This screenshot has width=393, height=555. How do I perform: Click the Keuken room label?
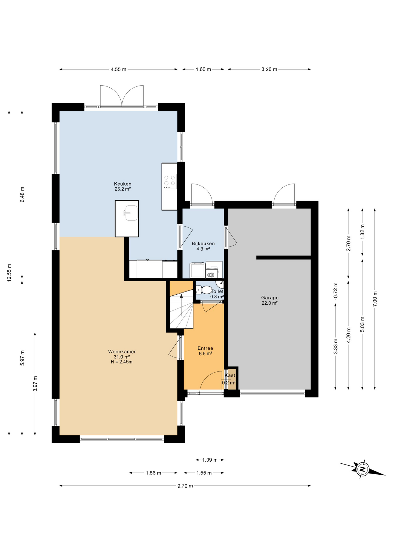pos(123,184)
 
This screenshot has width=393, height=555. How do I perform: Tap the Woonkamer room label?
pos(122,352)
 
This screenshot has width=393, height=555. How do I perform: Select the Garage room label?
pos(270,298)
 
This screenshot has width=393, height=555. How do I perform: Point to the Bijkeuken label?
pos(203,243)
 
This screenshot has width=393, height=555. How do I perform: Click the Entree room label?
pos(205,348)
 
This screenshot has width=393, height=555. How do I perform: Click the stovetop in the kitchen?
pos(170,181)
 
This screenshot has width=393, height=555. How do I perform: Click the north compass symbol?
pos(362,469)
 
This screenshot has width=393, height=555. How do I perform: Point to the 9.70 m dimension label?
pos(185,486)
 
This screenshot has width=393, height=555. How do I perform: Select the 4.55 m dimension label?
pos(118,69)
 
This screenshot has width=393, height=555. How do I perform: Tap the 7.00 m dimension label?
pos(375,299)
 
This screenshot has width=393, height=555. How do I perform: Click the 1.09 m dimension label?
pos(210,460)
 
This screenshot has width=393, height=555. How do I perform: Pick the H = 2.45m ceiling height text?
pos(122,362)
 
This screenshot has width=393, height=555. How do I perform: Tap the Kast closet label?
pos(230,375)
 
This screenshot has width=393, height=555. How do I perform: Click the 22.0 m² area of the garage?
pos(270,303)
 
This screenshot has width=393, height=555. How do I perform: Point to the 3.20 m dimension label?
pos(269,69)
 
